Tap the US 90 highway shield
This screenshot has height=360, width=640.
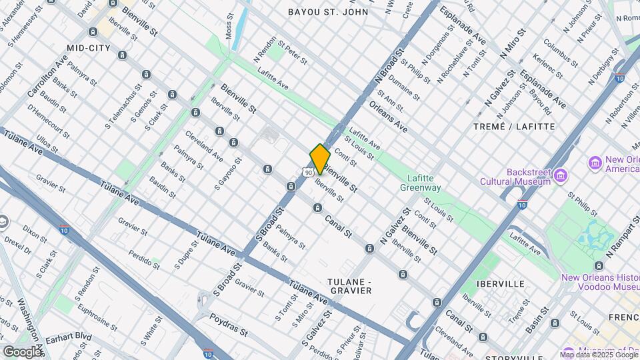tap(307, 172)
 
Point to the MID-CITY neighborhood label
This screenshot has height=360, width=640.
tap(89, 48)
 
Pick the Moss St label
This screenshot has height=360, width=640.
tap(230, 26)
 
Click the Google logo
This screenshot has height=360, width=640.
tap(22, 351)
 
